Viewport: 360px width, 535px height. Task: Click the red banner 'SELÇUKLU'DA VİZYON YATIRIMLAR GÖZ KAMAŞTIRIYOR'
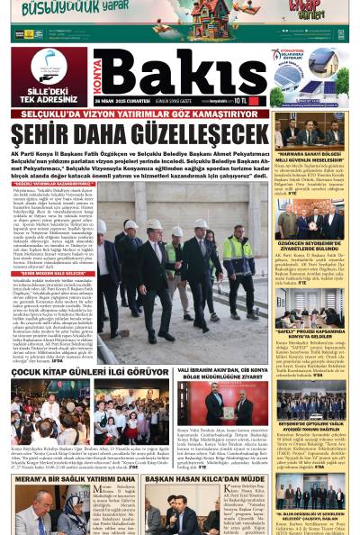click(135, 114)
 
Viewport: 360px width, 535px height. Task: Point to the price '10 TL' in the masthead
click(256, 101)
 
